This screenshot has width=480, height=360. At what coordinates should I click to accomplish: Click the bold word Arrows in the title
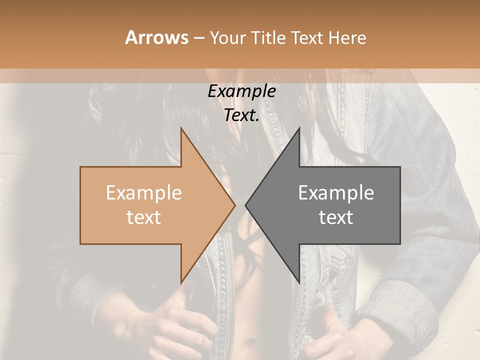156,37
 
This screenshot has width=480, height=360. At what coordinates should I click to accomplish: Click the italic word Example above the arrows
242,91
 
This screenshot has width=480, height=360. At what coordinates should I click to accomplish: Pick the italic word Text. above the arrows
242,115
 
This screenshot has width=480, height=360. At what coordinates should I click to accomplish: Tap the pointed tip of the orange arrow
234,205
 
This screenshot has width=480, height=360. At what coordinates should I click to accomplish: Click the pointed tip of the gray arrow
246,205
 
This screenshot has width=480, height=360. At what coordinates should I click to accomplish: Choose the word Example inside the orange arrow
144,193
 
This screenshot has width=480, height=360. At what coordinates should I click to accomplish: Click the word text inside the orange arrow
144,217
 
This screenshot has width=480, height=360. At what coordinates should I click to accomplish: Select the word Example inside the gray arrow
336,193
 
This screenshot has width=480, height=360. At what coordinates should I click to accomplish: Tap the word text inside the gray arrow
336,217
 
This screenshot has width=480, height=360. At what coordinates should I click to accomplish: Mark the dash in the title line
198,38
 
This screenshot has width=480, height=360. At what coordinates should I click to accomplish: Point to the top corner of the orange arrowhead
181,128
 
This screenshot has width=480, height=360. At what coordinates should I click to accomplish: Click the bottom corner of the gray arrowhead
299,282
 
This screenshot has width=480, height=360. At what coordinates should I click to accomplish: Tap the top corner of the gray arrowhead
299,128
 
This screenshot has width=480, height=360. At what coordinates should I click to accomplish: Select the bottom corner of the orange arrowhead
181,282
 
